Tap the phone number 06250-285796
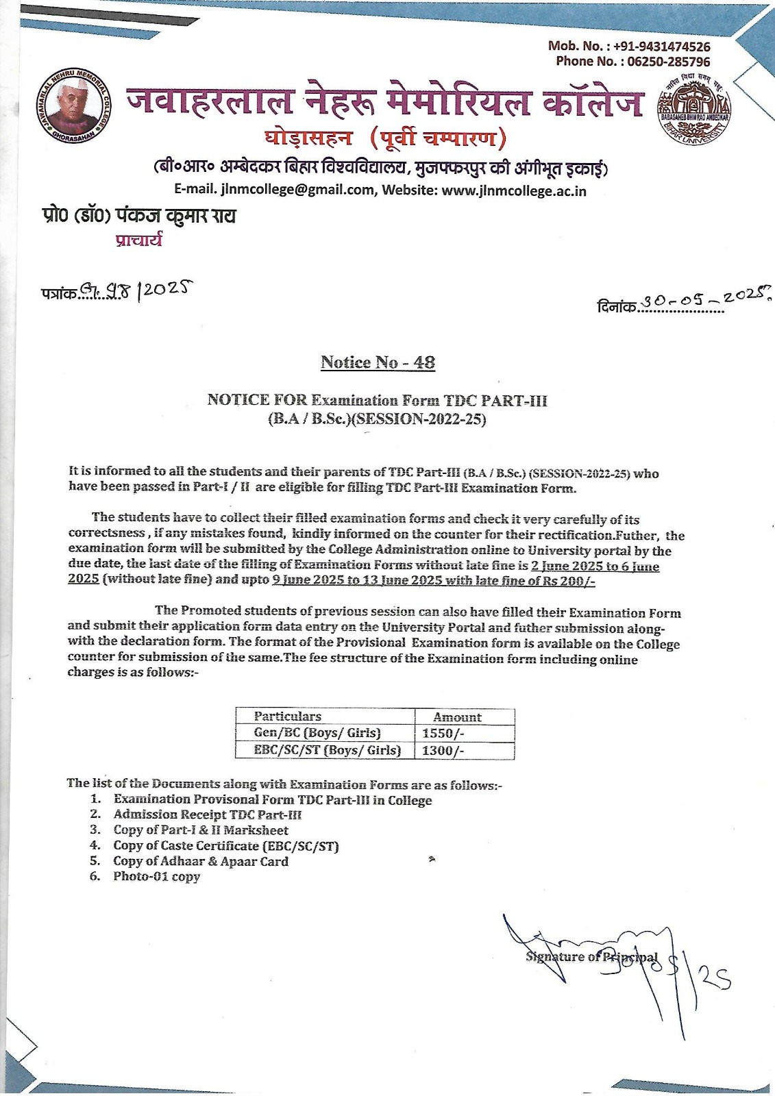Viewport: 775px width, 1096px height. pyautogui.click(x=669, y=62)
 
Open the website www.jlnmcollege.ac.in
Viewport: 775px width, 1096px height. pyautogui.click(x=514, y=190)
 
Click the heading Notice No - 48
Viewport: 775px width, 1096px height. pyautogui.click(x=378, y=362)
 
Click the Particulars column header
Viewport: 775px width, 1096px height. pyautogui.click(x=287, y=717)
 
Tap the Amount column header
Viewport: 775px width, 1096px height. pyautogui.click(x=457, y=717)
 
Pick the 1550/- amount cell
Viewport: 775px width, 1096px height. pyautogui.click(x=443, y=733)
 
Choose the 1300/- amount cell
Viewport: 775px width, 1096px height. pyautogui.click(x=443, y=750)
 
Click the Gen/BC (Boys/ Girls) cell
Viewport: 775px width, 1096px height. pyautogui.click(x=317, y=733)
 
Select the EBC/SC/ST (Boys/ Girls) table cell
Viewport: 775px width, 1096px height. pyautogui.click(x=326, y=750)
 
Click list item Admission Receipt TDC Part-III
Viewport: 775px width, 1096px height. pyautogui.click(x=207, y=814)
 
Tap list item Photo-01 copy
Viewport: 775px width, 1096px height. pyautogui.click(x=156, y=876)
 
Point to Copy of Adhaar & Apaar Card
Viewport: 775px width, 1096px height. pyautogui.click(x=200, y=861)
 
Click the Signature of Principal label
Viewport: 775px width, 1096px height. pyautogui.click(x=591, y=957)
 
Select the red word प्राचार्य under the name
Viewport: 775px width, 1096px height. pyautogui.click(x=139, y=240)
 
